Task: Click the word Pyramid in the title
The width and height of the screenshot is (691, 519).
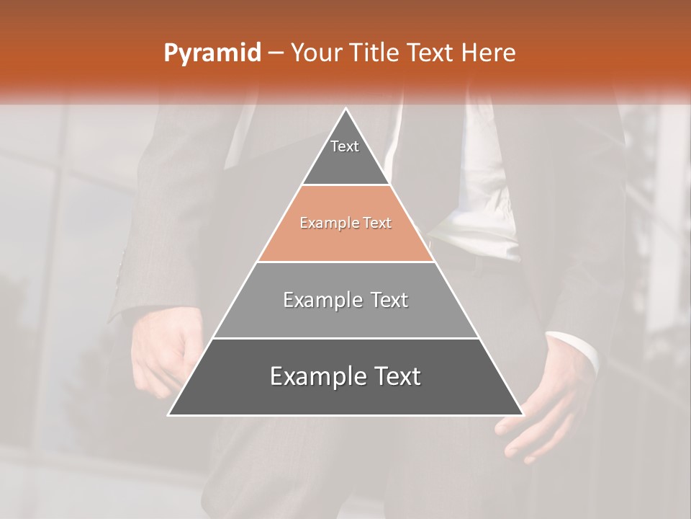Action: tap(212, 53)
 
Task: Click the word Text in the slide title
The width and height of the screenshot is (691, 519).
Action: tap(430, 53)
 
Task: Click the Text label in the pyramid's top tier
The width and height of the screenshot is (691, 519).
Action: tap(345, 146)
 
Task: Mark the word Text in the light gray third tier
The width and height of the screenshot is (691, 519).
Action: tap(389, 300)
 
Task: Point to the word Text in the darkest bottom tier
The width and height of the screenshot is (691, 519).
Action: tap(397, 376)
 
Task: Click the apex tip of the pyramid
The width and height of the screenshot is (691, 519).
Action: tap(345, 110)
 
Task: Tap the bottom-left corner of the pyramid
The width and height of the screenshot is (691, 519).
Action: tap(169, 414)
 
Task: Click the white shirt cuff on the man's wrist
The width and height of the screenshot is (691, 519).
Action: tap(576, 350)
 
